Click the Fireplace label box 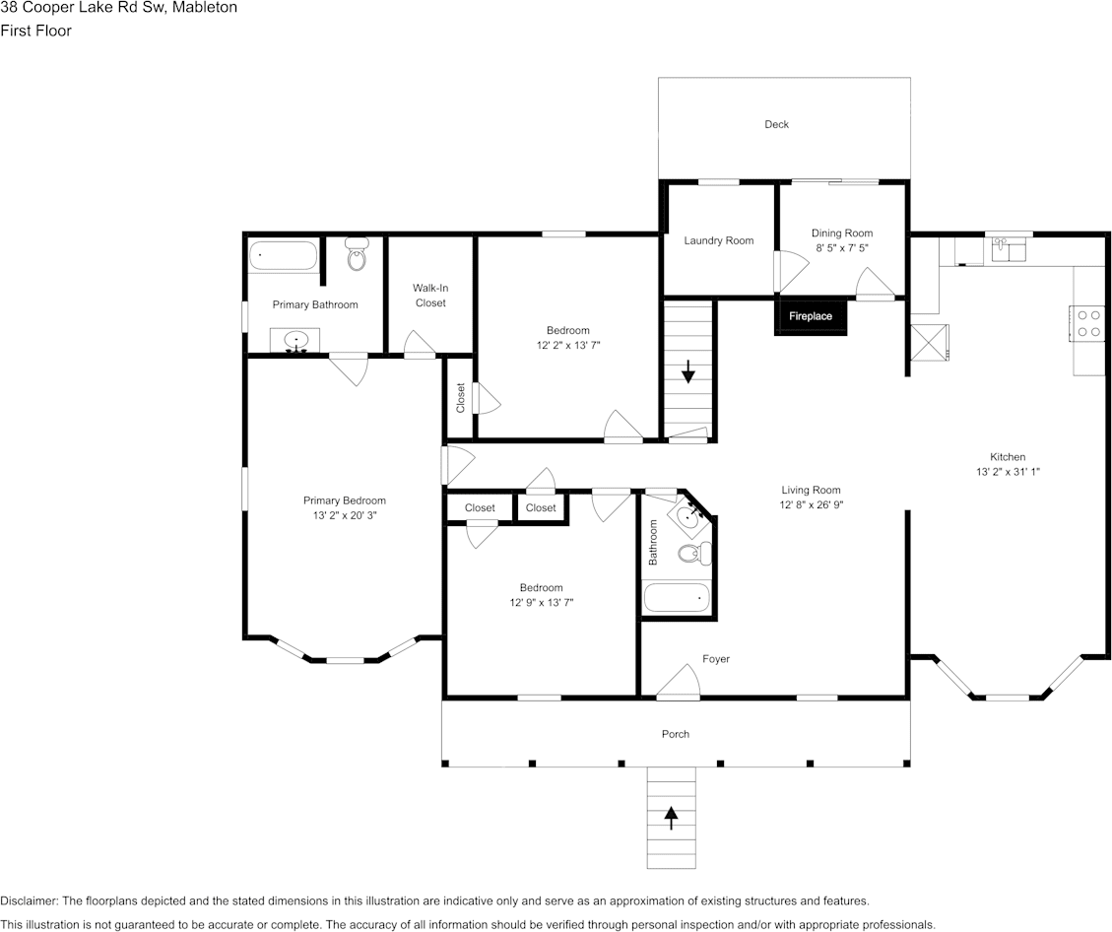coord(811,316)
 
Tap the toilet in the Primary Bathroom coord(357,258)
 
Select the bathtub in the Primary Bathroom coord(283,256)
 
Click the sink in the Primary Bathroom coord(296,342)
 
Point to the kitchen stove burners coord(1088,323)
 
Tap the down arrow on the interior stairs coord(688,371)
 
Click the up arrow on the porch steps coord(672,816)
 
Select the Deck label coord(776,124)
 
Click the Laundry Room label coord(719,240)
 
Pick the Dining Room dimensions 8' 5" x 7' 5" coord(842,249)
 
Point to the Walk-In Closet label coord(430,296)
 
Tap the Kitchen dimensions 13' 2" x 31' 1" coord(1008,472)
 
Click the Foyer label coord(716,659)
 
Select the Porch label coord(676,734)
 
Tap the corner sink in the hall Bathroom coord(687,515)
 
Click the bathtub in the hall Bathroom coord(676,597)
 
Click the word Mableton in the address coord(202,8)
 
